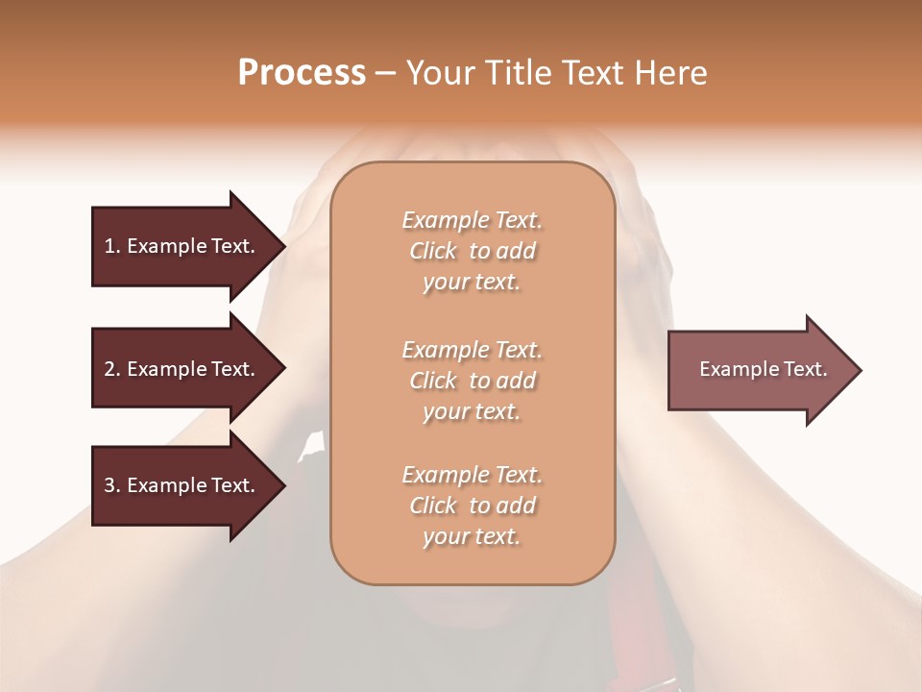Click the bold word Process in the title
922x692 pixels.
302,73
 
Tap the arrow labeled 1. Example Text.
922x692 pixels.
182,246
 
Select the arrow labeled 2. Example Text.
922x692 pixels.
182,369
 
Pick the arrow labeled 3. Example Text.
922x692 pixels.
182,485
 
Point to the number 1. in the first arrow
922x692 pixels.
111,246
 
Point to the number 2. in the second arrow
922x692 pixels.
111,369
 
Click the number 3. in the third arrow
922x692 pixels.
111,485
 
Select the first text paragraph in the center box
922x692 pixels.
473,251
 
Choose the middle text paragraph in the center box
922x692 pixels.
473,381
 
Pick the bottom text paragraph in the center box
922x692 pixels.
473,506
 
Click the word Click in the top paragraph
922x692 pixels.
433,251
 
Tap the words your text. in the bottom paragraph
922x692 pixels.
472,537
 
